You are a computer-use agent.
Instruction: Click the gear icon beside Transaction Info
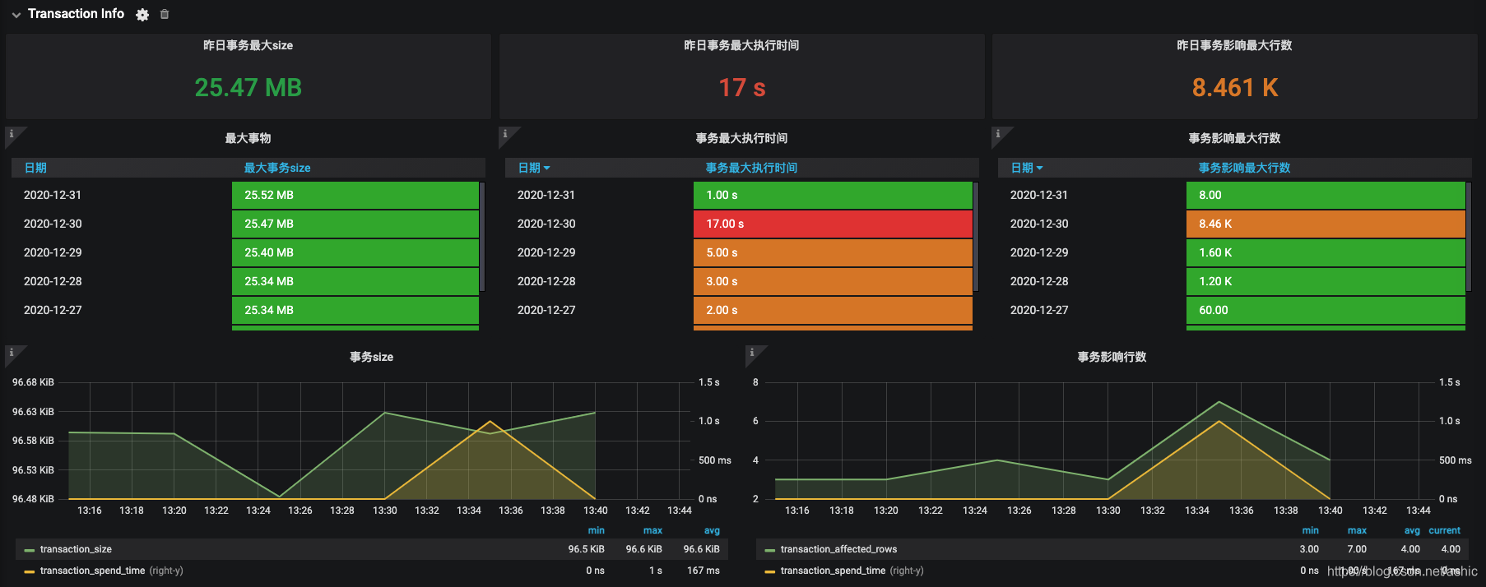(142, 15)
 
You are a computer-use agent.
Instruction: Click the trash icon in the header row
(165, 14)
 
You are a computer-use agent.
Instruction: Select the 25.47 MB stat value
(248, 87)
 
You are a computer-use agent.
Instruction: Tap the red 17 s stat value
(741, 87)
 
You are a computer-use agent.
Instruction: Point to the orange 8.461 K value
(1234, 87)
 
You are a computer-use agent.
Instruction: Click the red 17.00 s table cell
(833, 224)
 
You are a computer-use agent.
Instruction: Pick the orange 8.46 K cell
(1326, 224)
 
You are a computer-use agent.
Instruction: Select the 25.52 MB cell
(355, 195)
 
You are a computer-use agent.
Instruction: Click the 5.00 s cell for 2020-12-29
(833, 252)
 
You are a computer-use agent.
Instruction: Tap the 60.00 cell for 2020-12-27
(1326, 310)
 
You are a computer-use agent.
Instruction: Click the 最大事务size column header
(277, 168)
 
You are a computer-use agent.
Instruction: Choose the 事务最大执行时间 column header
(751, 168)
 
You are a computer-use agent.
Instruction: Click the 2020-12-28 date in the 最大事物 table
(53, 281)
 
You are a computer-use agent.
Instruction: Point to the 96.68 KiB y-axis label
(33, 382)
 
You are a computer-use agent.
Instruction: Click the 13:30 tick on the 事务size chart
(384, 511)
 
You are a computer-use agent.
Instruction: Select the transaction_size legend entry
(76, 549)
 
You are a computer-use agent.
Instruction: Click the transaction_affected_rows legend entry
(838, 549)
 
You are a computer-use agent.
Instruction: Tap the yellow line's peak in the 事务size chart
(490, 422)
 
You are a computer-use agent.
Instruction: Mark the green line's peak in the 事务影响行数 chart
(1219, 402)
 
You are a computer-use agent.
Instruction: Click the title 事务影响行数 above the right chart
(1112, 357)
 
